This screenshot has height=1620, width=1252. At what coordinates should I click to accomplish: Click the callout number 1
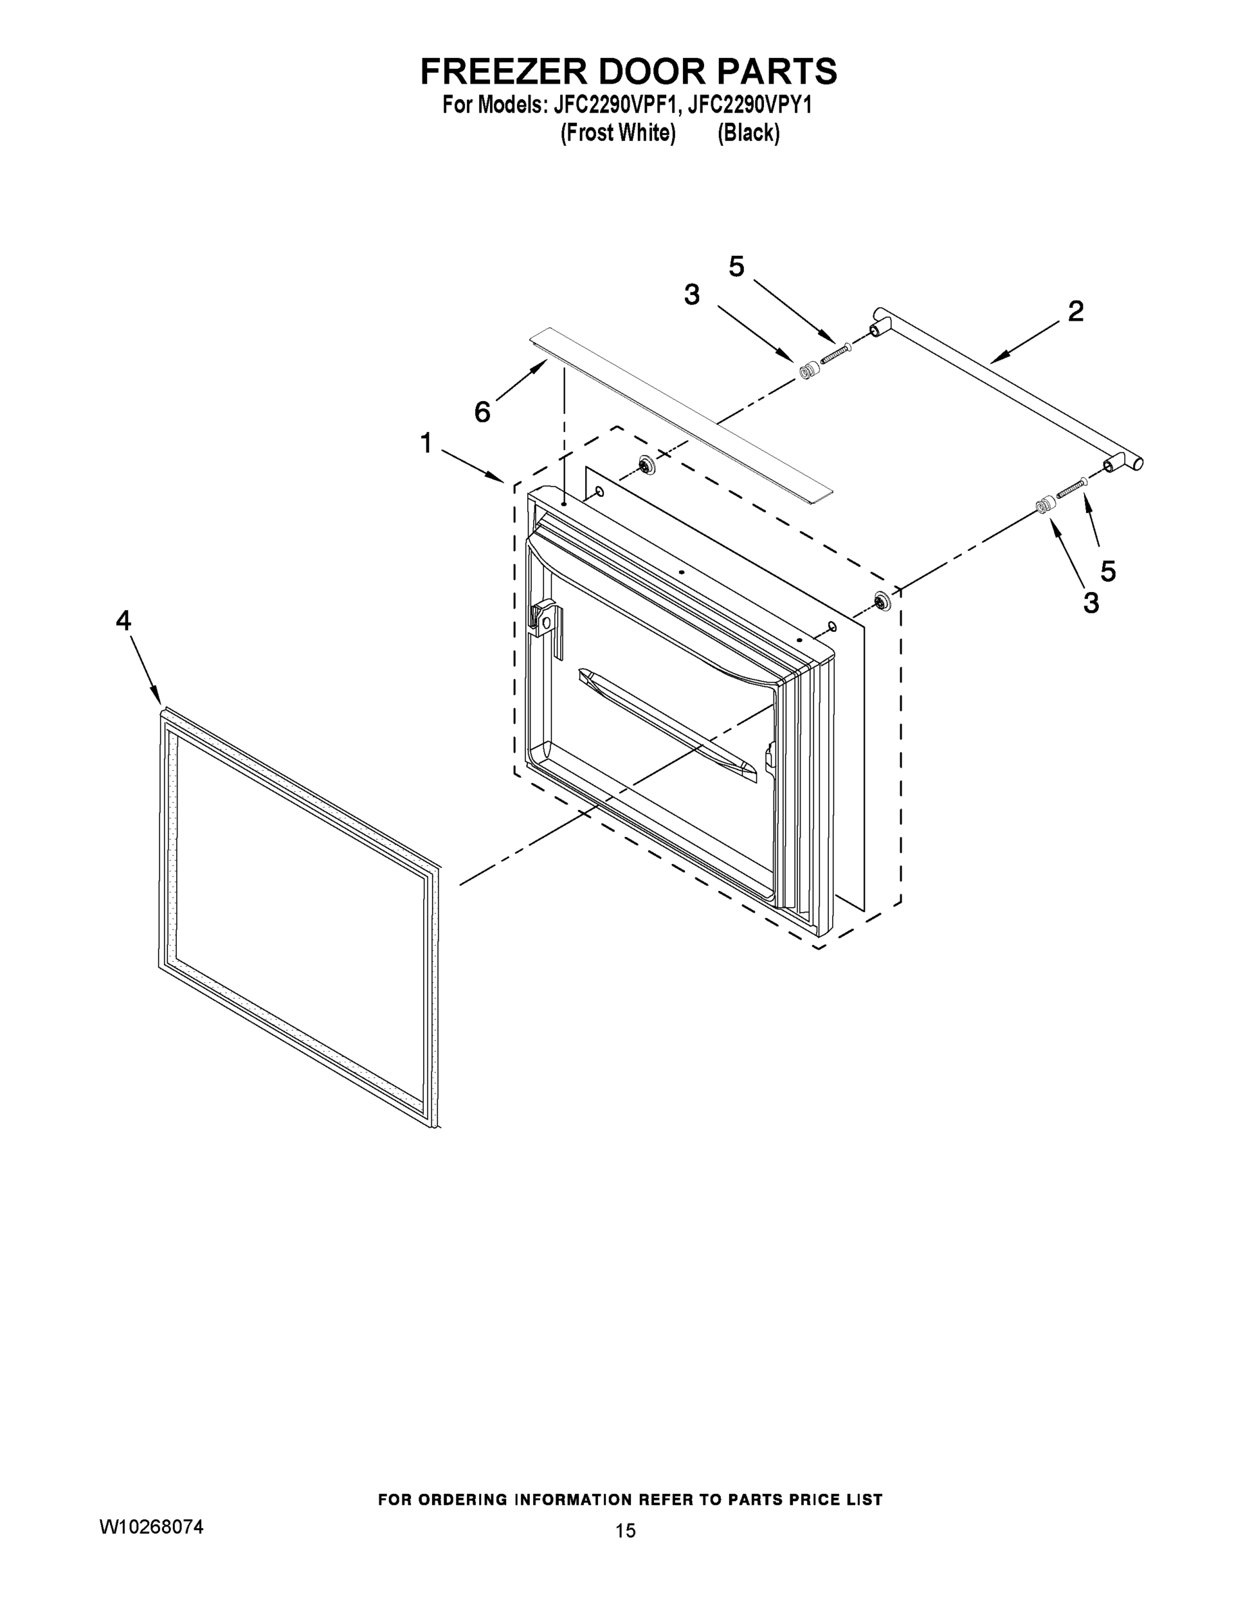coord(426,443)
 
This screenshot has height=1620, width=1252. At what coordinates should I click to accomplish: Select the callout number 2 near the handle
coord(1075,310)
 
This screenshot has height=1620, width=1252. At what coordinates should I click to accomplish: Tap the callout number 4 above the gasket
coord(123,620)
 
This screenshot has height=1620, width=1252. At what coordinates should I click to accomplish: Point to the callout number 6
coord(482,412)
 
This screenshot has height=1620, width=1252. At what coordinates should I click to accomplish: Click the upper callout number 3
coord(691,295)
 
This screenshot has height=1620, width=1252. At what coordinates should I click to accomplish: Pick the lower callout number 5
coord(1108,570)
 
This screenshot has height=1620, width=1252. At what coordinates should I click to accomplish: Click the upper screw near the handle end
coord(835,352)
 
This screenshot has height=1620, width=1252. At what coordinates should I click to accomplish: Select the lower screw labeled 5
coord(1071,487)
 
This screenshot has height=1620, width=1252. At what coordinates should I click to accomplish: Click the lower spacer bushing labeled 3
coord(1045,505)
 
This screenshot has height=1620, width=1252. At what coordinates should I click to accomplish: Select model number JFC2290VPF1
coord(616,105)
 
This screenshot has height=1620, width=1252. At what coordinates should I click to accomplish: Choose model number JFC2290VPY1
coord(749,105)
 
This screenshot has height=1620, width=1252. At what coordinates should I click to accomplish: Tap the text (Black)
coord(748,134)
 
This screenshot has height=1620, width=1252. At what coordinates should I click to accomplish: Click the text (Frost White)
coord(618,134)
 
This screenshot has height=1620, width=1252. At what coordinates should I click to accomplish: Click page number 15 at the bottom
coord(625,1530)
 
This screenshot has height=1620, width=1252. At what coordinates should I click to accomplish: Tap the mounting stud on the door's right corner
coord(882,601)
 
